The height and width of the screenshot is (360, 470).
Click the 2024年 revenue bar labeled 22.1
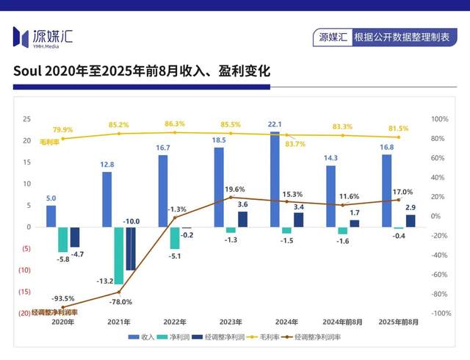275,179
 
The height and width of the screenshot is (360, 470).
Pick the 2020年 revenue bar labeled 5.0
51,216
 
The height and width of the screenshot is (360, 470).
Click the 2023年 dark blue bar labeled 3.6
242,219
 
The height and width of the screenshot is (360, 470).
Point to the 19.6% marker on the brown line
231,197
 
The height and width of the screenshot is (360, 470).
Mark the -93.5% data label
63,299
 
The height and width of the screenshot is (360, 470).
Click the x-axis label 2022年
175,322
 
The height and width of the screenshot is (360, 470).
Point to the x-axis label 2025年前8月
399,322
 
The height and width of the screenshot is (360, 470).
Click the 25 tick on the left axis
26,119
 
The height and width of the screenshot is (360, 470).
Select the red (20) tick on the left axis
24,313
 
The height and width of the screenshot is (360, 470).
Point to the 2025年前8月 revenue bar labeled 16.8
387,190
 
